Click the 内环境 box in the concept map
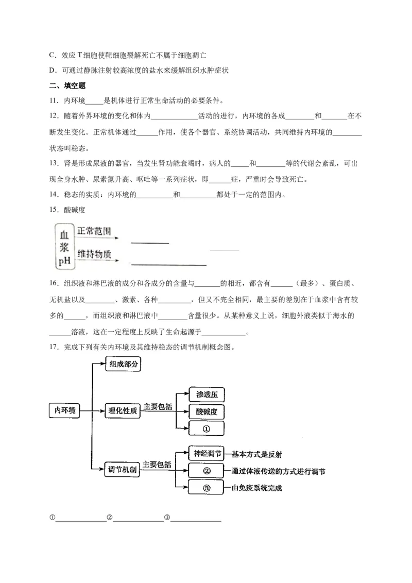[65, 410]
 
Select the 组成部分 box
[124, 364]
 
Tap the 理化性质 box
[124, 410]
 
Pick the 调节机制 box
[123, 469]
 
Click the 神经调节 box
[205, 453]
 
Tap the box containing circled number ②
[207, 470]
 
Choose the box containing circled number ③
[207, 487]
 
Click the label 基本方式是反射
[256, 454]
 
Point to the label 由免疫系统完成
[256, 488]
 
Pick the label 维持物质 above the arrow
[94, 255]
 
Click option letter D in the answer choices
[51, 70]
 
